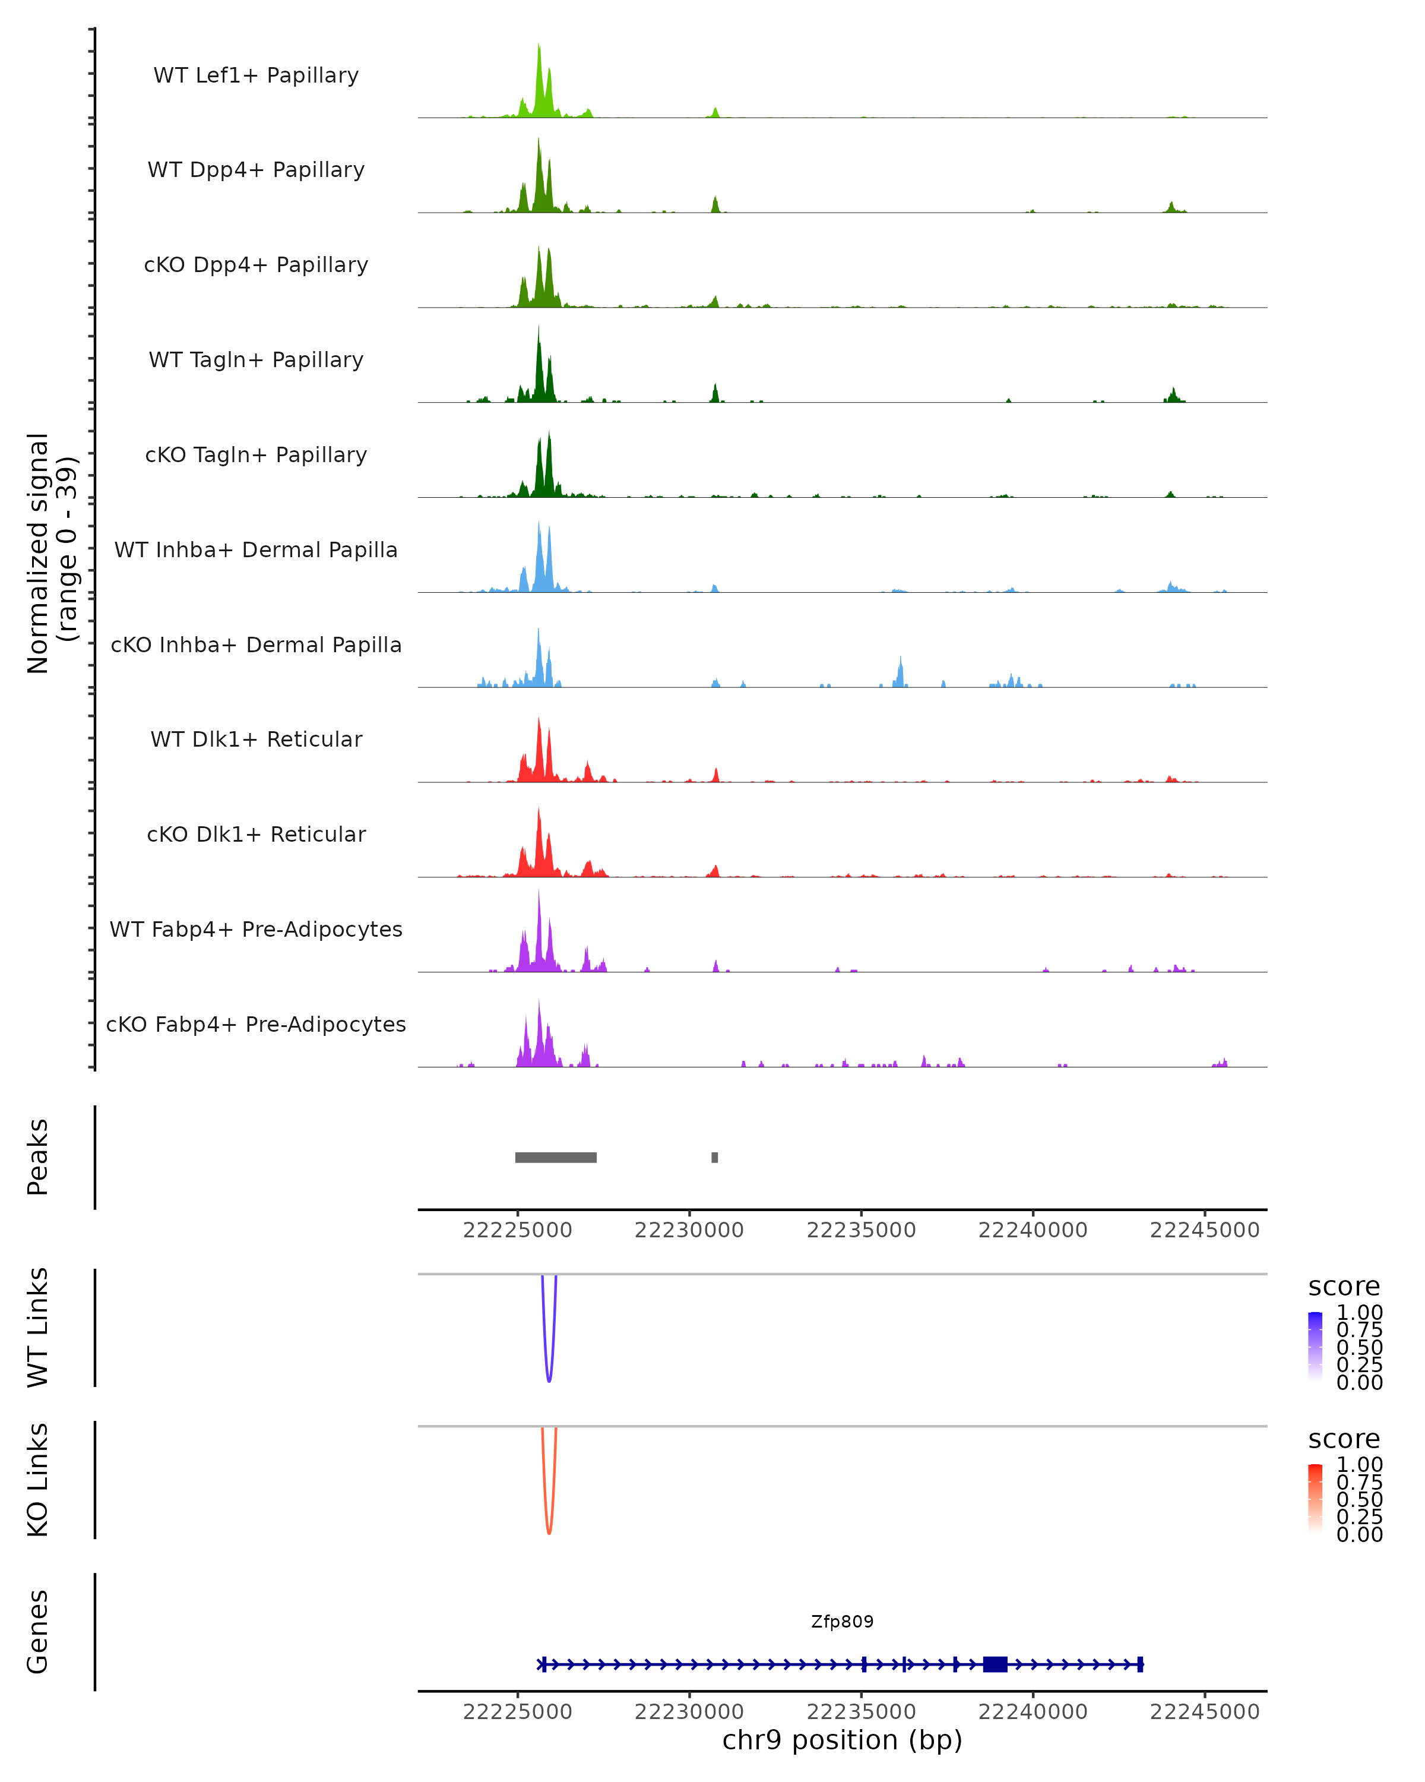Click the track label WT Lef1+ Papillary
(x=256, y=75)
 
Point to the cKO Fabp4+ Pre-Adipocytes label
(x=256, y=1024)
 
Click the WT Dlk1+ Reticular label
(x=256, y=739)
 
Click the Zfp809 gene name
(x=842, y=1621)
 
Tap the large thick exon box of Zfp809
(x=995, y=1664)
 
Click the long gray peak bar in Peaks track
(x=555, y=1157)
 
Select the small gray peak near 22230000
(x=714, y=1157)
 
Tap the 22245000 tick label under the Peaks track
(x=1205, y=1230)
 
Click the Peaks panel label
(x=38, y=1157)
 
